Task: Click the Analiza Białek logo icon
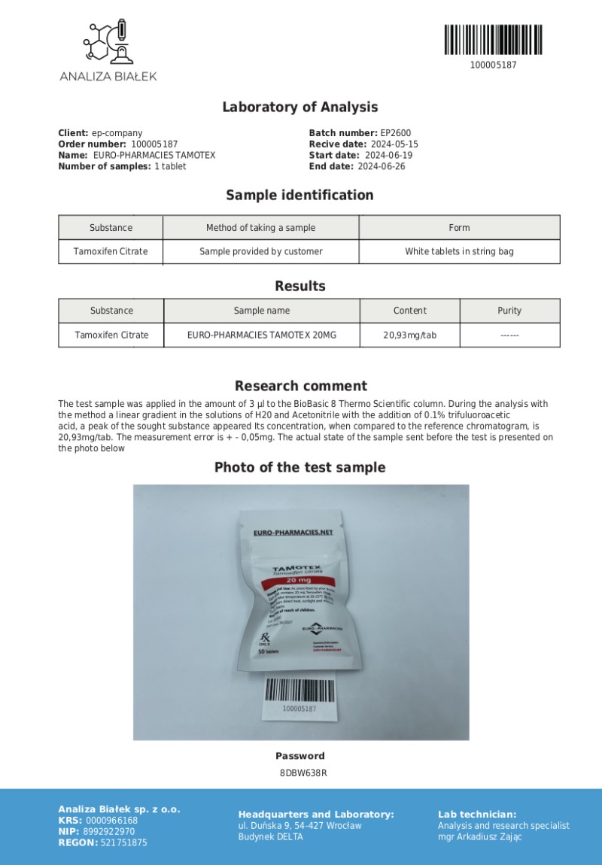[108, 42]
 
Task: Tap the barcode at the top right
[493, 40]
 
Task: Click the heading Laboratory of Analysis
[299, 108]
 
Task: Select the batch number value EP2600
[396, 133]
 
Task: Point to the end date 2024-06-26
[381, 166]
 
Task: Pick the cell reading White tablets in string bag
[459, 251]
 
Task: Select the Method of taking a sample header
[260, 227]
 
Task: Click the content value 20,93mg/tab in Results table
[409, 335]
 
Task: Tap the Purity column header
[509, 311]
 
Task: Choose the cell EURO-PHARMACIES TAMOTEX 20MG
[261, 335]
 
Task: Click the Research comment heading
[301, 386]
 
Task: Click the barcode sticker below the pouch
[299, 697]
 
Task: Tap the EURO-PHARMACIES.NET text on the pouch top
[293, 532]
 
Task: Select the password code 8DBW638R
[300, 772]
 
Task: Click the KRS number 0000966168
[111, 821]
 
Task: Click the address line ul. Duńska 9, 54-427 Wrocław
[299, 825]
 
